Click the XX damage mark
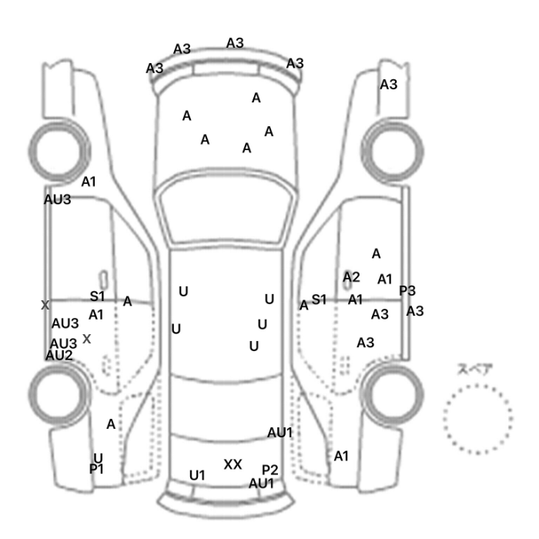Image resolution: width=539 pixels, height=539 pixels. tap(233, 464)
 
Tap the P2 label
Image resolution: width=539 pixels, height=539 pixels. tap(269, 470)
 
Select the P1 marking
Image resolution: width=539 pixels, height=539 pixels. tap(96, 468)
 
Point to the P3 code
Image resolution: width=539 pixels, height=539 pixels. tap(407, 290)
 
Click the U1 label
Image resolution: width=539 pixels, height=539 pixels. tap(197, 475)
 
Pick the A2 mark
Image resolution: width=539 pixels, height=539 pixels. tap(351, 276)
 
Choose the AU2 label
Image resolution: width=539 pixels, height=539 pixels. tap(59, 355)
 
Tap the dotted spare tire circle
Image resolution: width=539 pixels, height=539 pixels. tap(477, 417)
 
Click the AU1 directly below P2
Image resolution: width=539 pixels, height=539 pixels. tap(261, 484)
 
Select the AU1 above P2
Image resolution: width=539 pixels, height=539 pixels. tap(280, 433)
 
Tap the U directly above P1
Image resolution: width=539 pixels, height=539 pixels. tap(98, 458)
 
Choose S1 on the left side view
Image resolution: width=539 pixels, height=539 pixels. tap(97, 296)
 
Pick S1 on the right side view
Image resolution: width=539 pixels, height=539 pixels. tap(319, 299)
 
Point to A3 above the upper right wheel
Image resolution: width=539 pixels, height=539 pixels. tap(389, 85)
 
